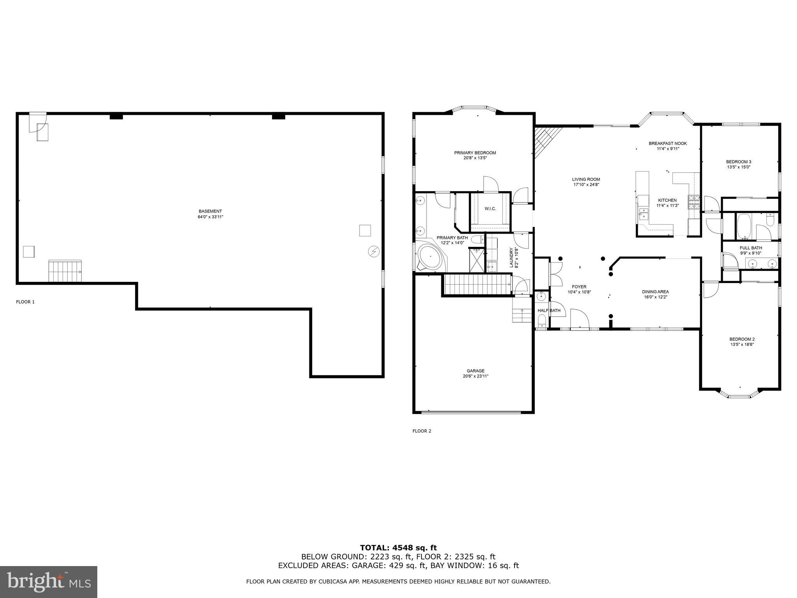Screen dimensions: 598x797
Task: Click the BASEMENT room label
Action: pyautogui.click(x=210, y=211)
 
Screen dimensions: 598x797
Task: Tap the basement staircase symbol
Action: pyautogui.click(x=65, y=271)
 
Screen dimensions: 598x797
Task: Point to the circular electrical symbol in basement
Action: pyautogui.click(x=374, y=252)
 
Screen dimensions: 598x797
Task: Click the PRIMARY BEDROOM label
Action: pyautogui.click(x=475, y=153)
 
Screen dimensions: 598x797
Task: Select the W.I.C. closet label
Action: pyautogui.click(x=490, y=209)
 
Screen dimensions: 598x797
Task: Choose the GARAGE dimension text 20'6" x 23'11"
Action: pyautogui.click(x=476, y=376)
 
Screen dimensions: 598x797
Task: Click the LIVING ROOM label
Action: pyautogui.click(x=586, y=179)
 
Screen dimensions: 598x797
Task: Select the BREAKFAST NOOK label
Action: pyautogui.click(x=667, y=143)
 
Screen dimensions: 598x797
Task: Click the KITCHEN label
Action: pyautogui.click(x=667, y=200)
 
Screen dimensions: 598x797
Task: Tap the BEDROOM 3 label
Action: pyautogui.click(x=738, y=162)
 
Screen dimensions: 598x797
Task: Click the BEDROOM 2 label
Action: pyautogui.click(x=742, y=339)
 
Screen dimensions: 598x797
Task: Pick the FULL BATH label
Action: pyautogui.click(x=750, y=248)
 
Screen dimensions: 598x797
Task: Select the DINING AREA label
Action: pyautogui.click(x=655, y=292)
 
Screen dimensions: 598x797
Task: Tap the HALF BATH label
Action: pyautogui.click(x=549, y=310)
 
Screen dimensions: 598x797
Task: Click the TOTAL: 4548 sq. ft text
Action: pyautogui.click(x=398, y=548)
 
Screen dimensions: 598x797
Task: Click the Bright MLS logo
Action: pyautogui.click(x=48, y=582)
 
